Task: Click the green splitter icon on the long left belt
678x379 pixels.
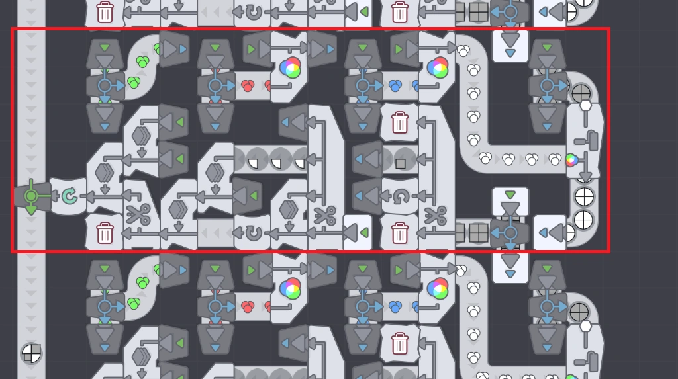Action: click(x=30, y=196)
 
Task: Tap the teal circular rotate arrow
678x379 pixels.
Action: click(x=69, y=196)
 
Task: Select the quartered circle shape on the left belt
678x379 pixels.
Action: click(x=30, y=353)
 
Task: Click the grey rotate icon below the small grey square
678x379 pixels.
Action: click(x=400, y=196)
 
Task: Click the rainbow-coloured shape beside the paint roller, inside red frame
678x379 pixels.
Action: click(x=571, y=159)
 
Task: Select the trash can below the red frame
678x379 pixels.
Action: click(x=400, y=343)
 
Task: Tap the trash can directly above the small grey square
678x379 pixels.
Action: click(x=400, y=122)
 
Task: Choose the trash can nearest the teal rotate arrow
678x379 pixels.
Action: click(x=105, y=233)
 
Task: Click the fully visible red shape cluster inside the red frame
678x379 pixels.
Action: click(x=248, y=86)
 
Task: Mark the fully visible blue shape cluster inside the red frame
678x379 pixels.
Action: click(x=395, y=86)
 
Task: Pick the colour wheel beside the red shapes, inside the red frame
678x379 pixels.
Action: click(x=290, y=67)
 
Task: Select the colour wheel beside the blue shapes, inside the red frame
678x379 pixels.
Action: click(x=438, y=67)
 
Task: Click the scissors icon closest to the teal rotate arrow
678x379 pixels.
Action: click(x=138, y=215)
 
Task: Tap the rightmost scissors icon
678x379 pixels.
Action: click(x=436, y=215)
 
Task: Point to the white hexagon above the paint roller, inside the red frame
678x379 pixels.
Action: click(x=585, y=105)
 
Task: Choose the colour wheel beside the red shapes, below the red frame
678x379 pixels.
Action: click(x=290, y=288)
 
